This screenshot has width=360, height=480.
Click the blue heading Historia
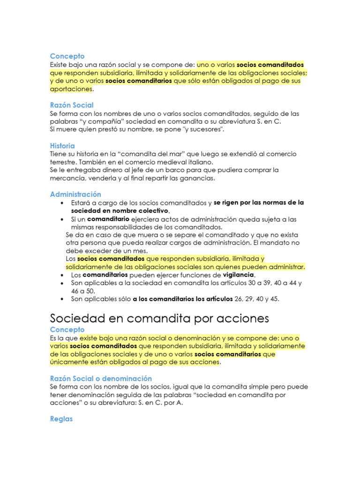pos(62,146)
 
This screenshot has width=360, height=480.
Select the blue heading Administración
pos(75,194)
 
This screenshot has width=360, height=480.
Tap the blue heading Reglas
pos(61,419)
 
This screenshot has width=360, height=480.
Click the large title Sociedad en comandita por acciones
pos(159,318)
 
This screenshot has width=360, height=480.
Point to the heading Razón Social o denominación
pos(101,378)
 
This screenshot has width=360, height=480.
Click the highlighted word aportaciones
pos(71,89)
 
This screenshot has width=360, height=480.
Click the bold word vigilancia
pos(238,275)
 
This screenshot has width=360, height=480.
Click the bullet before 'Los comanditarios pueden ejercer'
pos(62,275)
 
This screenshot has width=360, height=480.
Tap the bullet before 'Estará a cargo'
pos(62,202)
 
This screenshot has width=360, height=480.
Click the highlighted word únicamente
pos(69,362)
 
